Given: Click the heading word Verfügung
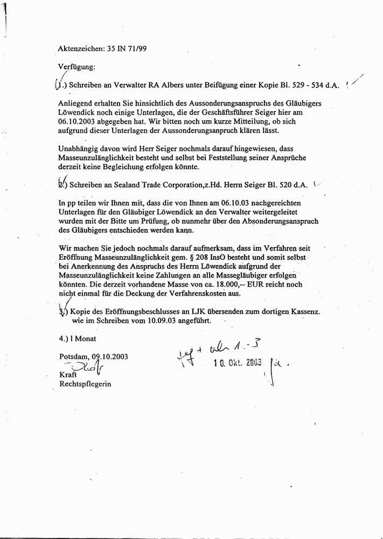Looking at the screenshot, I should [x=76, y=67].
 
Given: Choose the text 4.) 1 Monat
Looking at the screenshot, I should [x=78, y=338].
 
